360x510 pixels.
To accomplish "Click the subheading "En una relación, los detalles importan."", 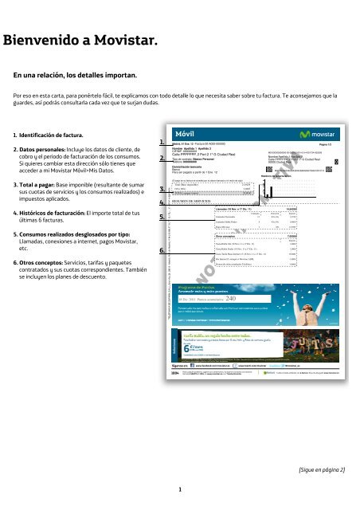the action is tap(74, 76).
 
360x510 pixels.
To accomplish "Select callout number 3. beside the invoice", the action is tap(162, 189).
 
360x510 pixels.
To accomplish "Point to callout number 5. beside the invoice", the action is tap(162, 217).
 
